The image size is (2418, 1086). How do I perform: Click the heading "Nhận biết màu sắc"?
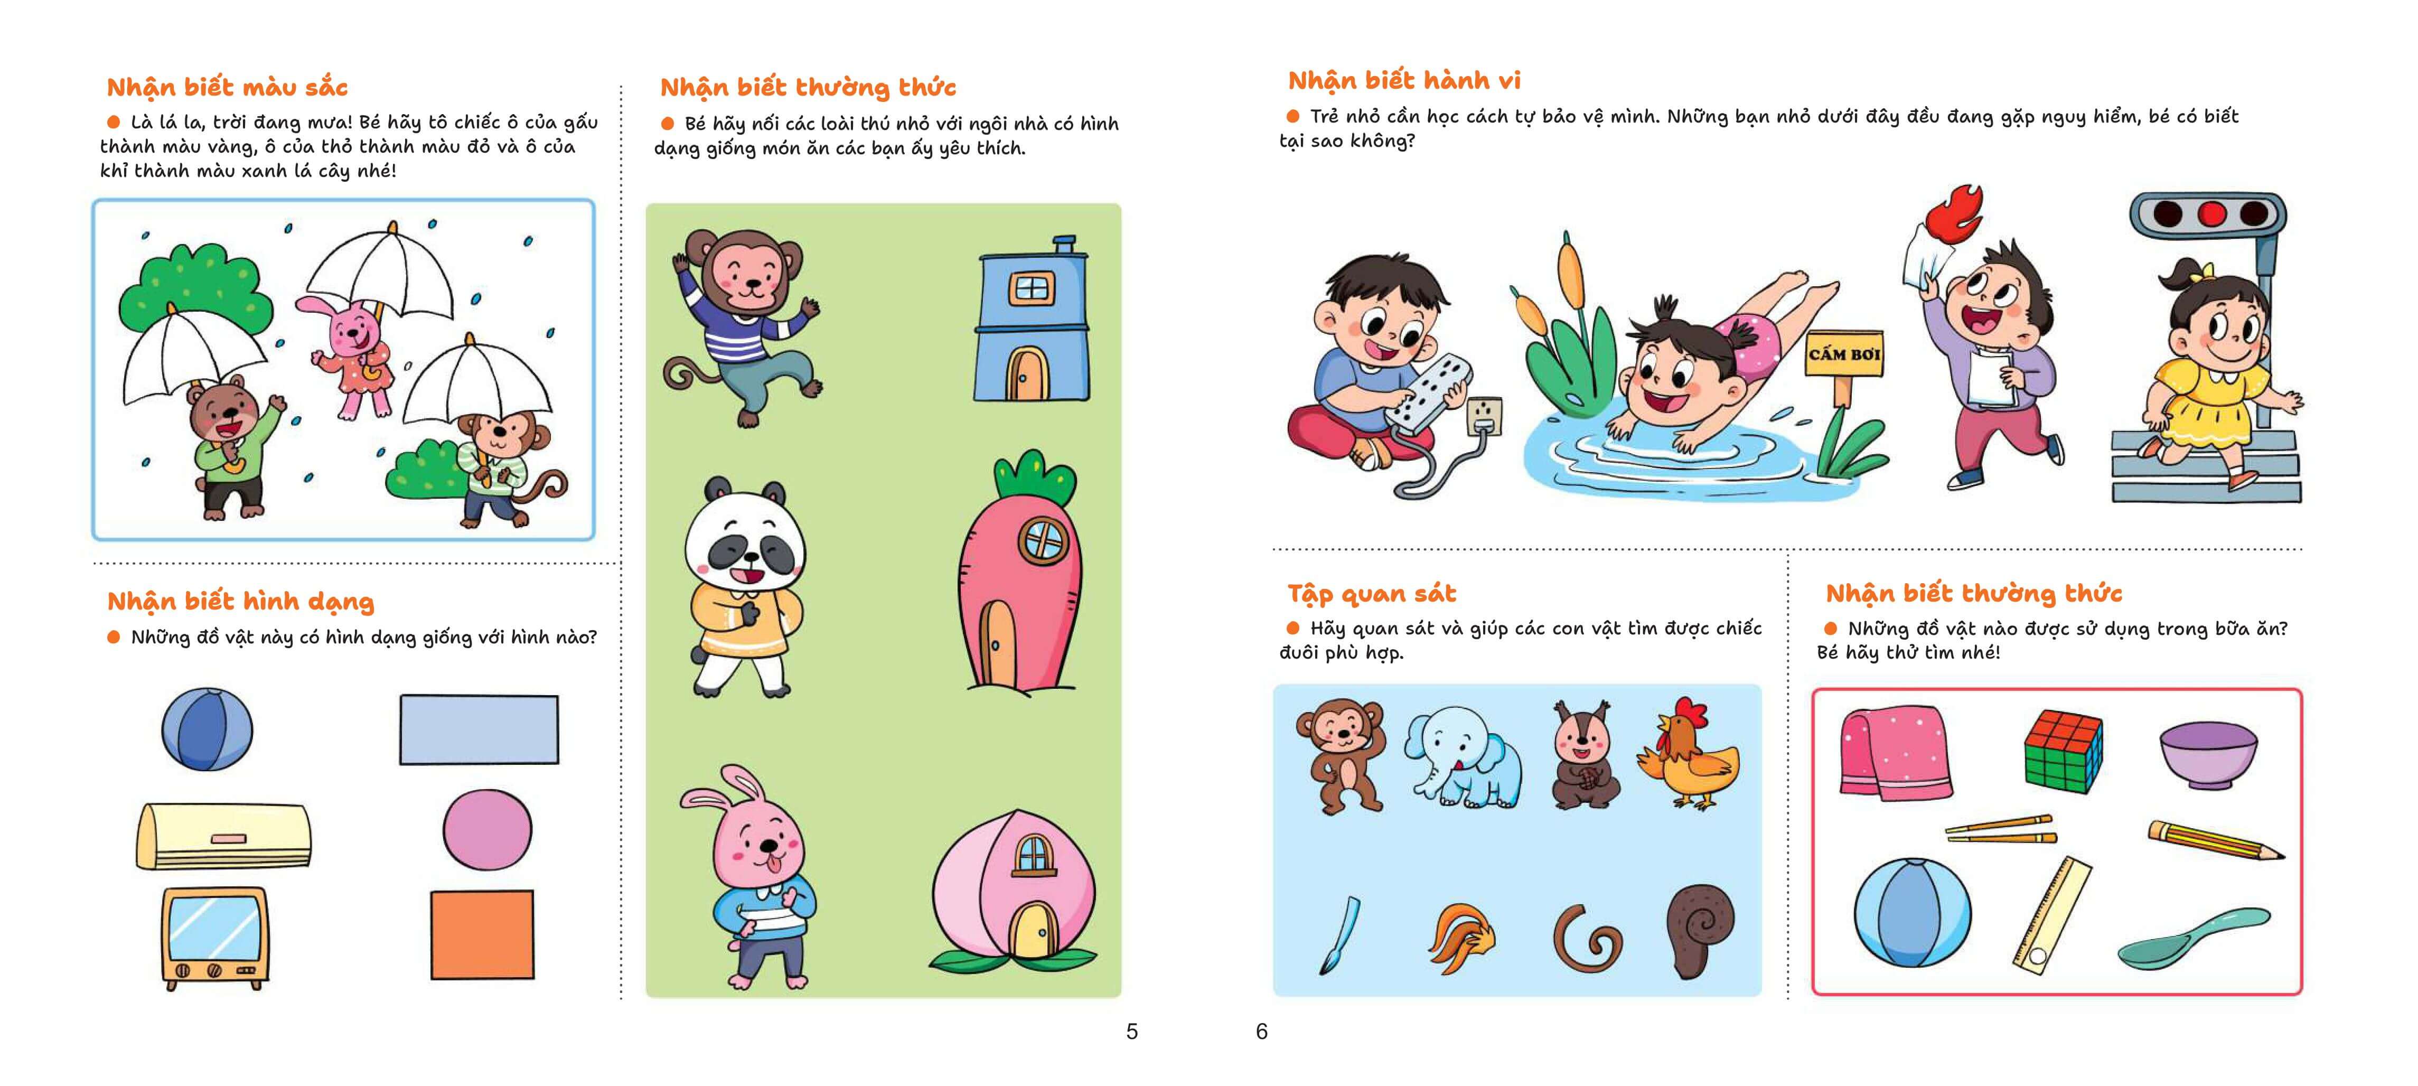(x=227, y=87)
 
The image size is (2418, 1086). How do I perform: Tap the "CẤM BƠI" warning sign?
(x=1843, y=355)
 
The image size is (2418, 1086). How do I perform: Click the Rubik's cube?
(x=2063, y=751)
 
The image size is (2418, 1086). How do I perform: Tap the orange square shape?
(x=482, y=934)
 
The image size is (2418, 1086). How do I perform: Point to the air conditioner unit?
(x=223, y=836)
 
